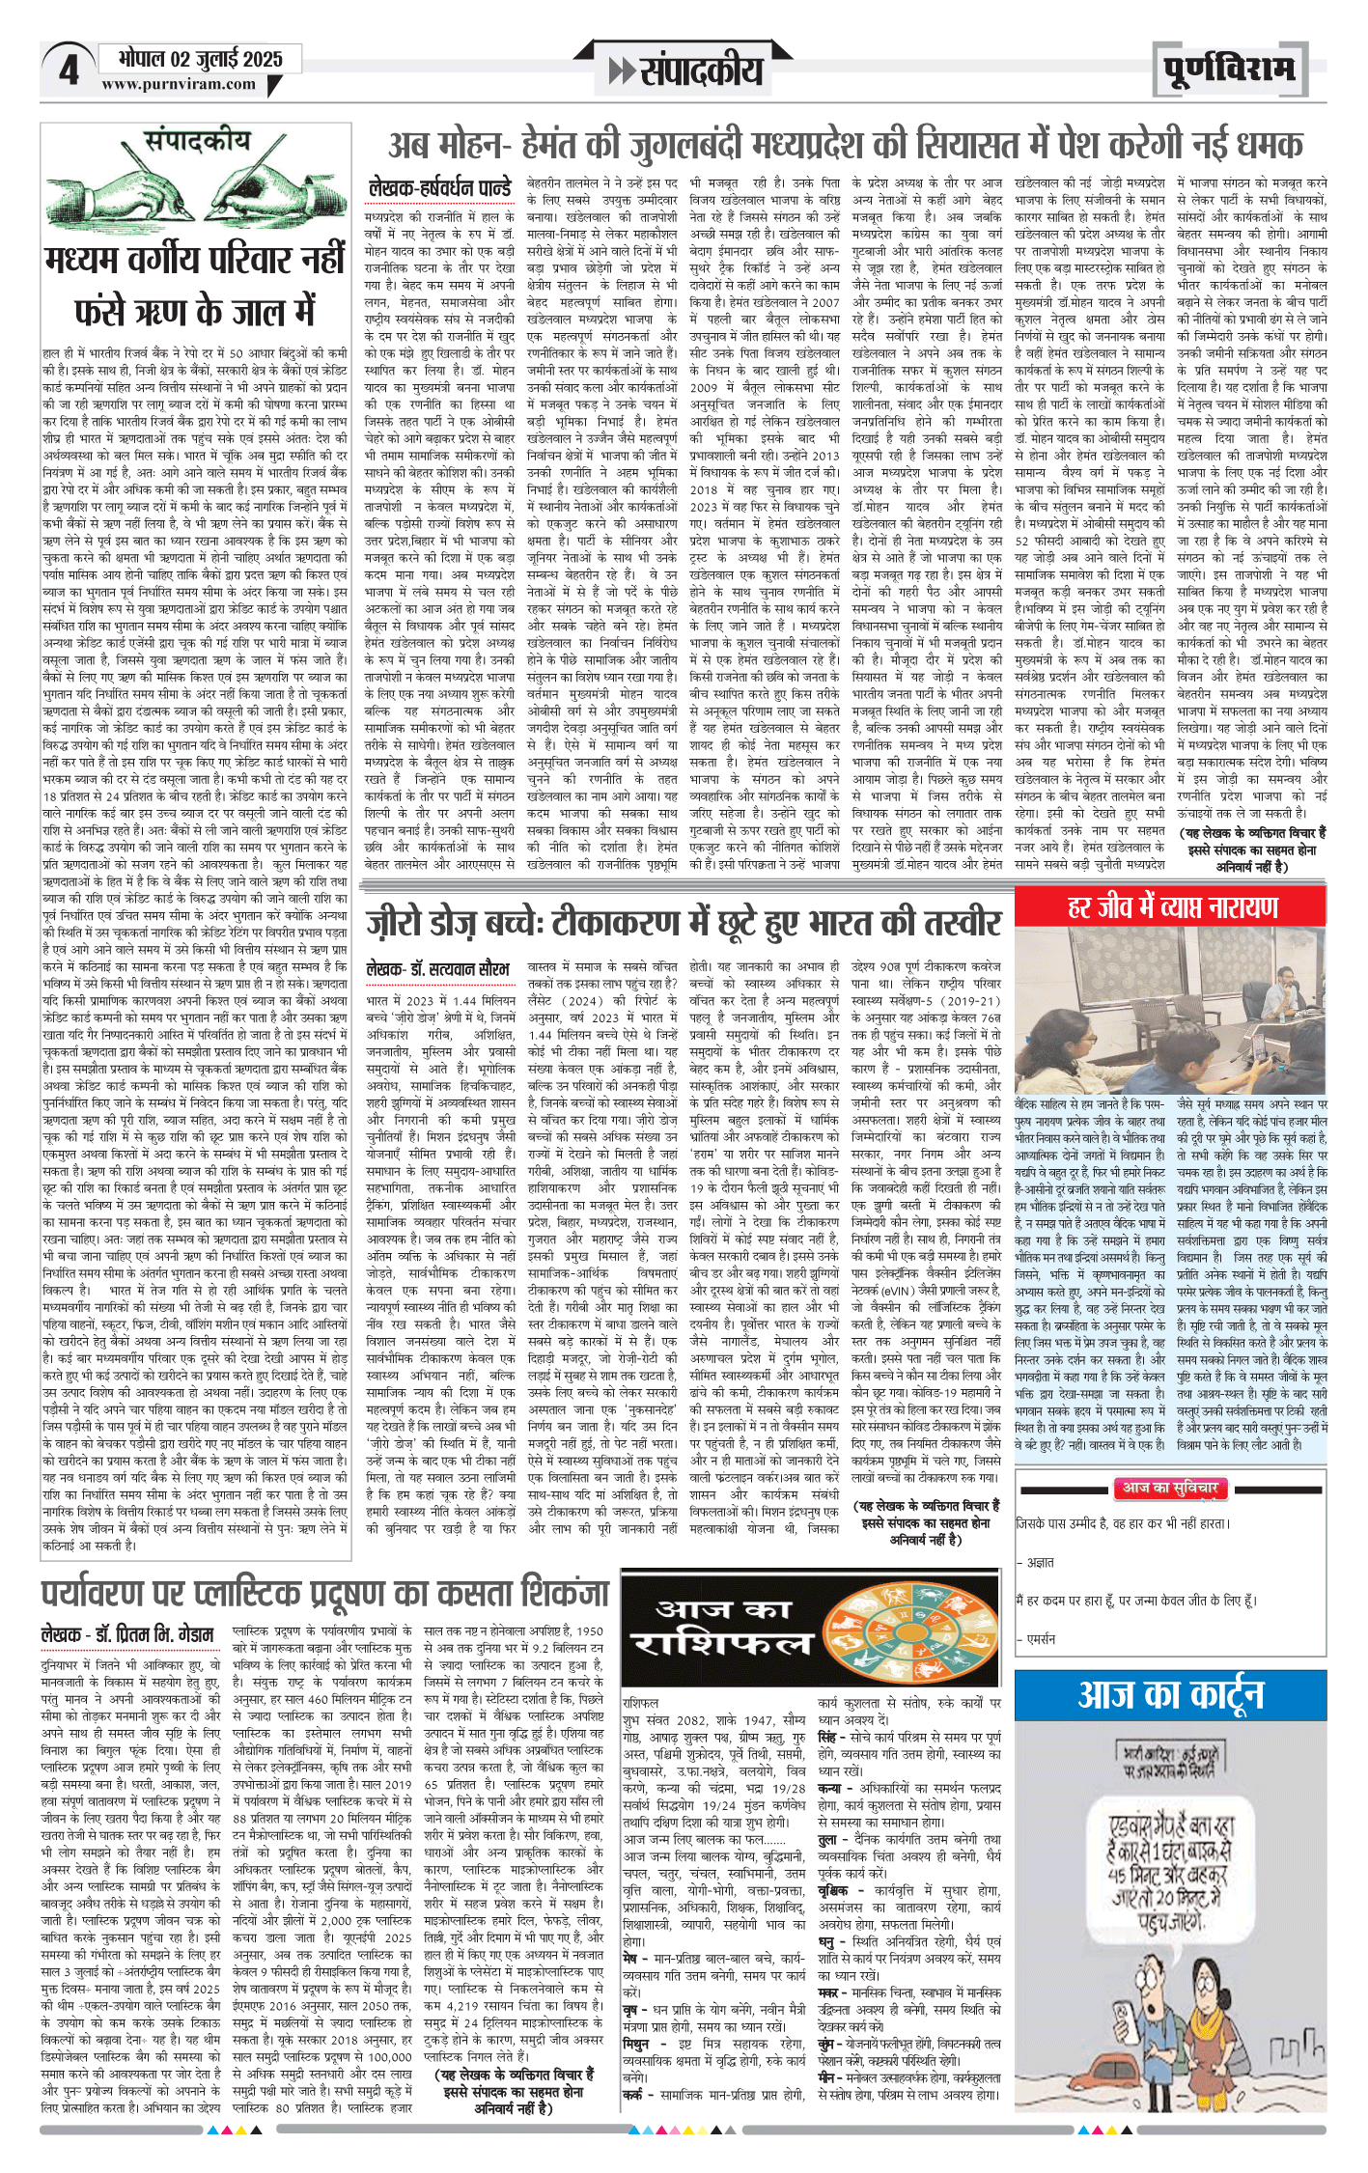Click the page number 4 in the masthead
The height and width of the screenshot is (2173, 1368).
tap(69, 70)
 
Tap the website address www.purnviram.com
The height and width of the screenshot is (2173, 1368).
tap(179, 84)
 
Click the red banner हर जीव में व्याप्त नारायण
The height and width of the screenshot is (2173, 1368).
tap(1172, 907)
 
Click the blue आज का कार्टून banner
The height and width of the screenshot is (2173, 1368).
tap(1170, 1695)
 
